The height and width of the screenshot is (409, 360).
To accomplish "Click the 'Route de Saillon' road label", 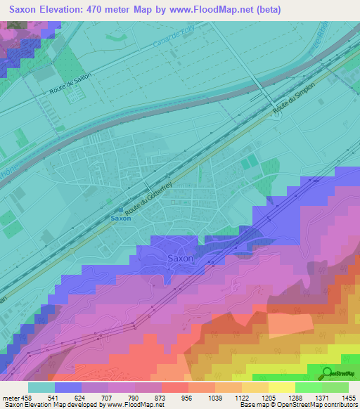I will (71, 85).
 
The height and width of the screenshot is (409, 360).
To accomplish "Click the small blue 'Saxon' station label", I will (121, 219).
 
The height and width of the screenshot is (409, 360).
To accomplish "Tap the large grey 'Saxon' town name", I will (180, 259).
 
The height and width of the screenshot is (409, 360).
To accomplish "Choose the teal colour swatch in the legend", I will (41, 387).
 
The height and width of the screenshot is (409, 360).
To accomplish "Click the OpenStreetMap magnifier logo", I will (326, 373).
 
